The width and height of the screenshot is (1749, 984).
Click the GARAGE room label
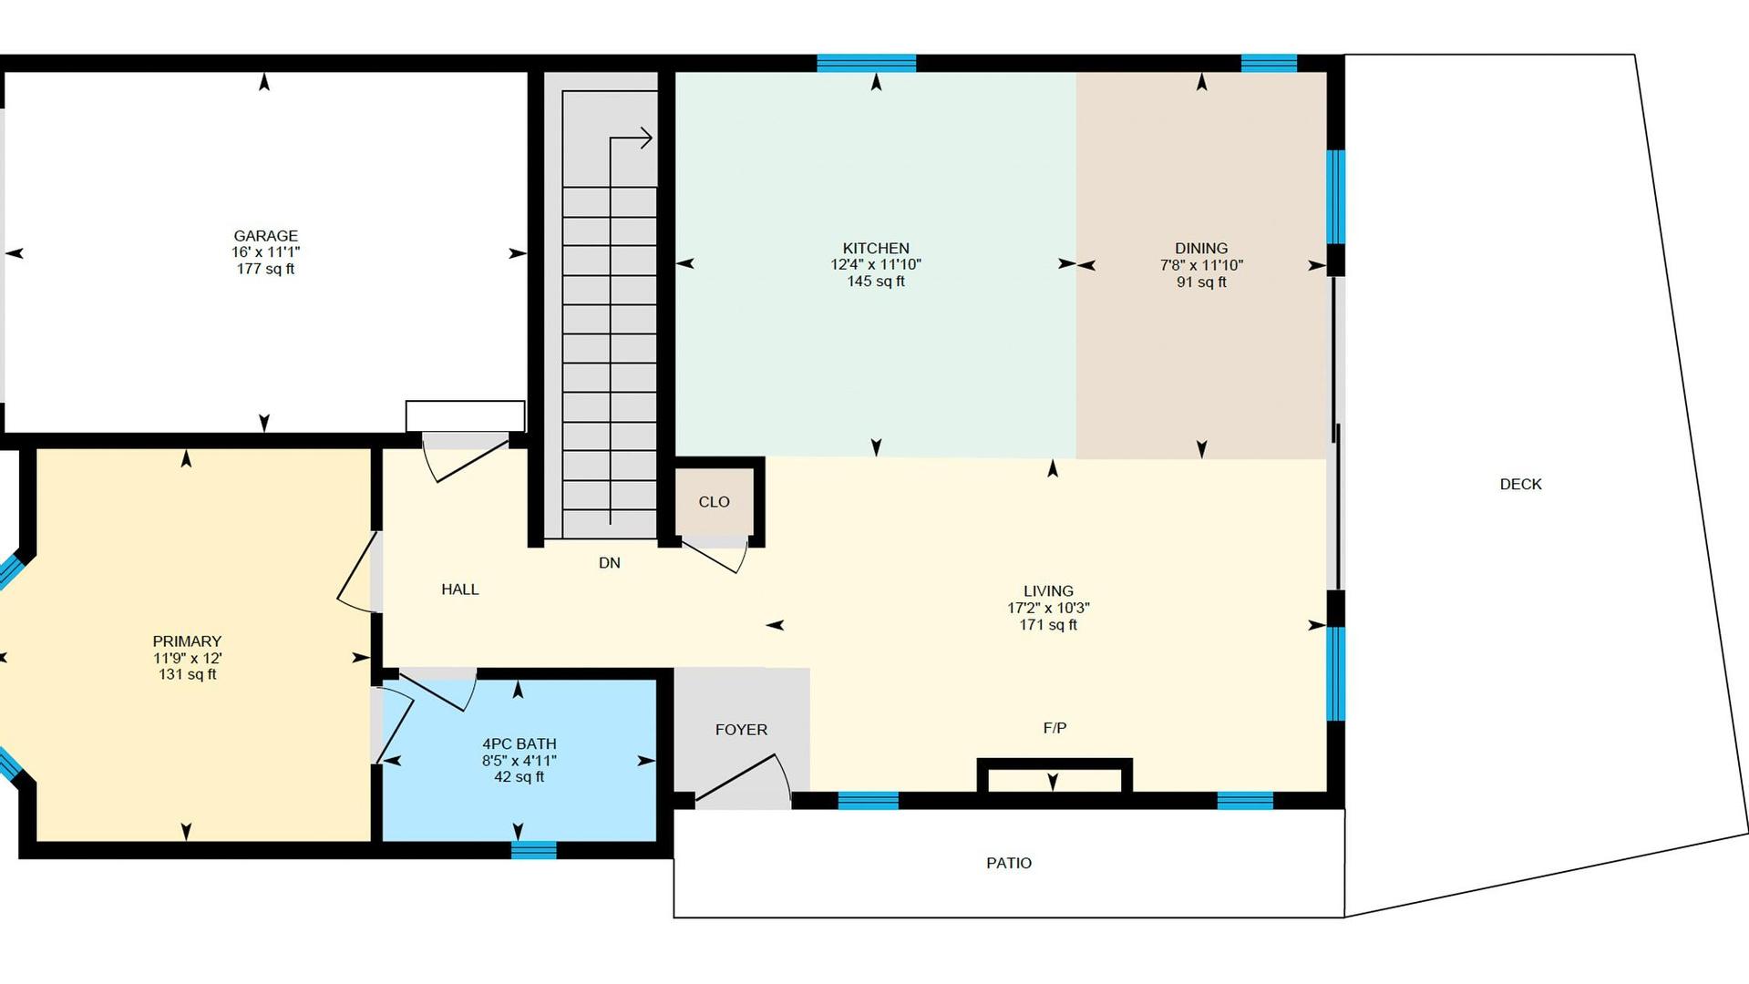click(265, 236)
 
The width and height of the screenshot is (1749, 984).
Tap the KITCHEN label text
click(876, 249)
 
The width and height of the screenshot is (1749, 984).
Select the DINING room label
click(1201, 249)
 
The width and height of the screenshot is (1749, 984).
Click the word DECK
click(1521, 485)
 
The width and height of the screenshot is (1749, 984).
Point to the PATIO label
click(1009, 863)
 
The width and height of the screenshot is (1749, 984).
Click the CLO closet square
click(715, 502)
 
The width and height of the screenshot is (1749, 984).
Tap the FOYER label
click(741, 730)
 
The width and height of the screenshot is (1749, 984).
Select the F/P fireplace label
click(1055, 728)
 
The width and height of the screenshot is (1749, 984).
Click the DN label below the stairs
click(610, 563)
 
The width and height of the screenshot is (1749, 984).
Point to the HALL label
click(460, 589)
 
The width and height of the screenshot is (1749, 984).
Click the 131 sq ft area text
click(188, 675)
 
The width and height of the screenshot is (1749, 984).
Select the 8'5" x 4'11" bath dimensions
click(520, 761)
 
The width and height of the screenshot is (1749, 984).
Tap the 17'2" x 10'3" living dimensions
click(1048, 609)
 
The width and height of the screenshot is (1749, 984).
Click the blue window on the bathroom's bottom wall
click(534, 850)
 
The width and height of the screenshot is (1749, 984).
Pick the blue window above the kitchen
click(866, 63)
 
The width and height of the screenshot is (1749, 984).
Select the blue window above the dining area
click(1269, 63)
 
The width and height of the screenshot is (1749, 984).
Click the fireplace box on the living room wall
click(1055, 776)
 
